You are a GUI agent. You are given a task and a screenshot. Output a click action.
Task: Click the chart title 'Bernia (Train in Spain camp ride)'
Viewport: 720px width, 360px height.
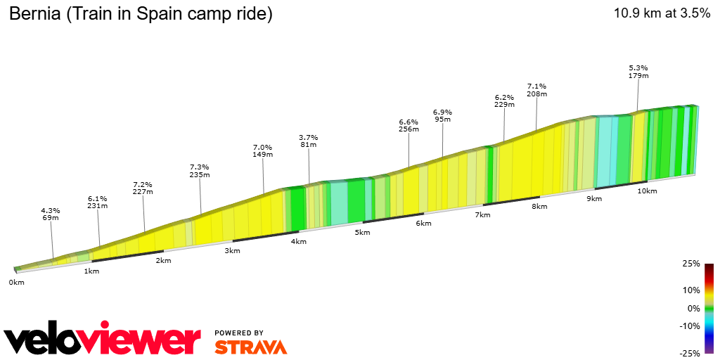tap(140, 14)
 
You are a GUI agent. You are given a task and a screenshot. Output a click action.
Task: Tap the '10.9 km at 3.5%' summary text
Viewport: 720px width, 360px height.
tap(662, 14)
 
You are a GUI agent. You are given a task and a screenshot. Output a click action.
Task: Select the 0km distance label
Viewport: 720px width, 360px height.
tap(16, 283)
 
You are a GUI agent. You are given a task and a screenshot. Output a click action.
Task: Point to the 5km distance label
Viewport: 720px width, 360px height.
tap(362, 233)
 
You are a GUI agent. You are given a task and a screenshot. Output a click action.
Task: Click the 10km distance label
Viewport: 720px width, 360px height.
tap(647, 191)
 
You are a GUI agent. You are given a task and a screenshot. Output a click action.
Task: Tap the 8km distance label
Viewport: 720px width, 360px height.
tap(539, 207)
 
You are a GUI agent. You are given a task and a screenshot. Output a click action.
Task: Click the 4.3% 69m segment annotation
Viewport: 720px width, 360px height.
tap(50, 214)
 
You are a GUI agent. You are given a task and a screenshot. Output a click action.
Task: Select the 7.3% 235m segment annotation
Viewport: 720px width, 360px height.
tap(200, 171)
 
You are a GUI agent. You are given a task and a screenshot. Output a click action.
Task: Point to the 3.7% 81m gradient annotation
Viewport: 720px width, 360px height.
tap(308, 141)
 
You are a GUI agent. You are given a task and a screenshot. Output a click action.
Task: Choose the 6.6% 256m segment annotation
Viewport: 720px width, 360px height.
tap(409, 125)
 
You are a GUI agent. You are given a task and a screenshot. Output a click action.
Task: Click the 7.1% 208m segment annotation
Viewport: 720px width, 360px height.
tap(536, 90)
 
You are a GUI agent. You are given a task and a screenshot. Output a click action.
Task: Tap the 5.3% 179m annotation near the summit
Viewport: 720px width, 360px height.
tap(638, 72)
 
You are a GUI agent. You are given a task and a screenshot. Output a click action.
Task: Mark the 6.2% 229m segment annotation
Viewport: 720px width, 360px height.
tap(504, 101)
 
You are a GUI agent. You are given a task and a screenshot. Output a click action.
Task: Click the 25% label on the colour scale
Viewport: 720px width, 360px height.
tap(692, 264)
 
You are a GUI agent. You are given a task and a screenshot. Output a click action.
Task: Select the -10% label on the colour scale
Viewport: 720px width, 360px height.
tap(690, 326)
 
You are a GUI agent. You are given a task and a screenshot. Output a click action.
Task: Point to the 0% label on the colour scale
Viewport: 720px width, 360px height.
tap(694, 308)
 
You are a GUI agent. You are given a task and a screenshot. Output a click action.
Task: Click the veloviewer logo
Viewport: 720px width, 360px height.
tap(103, 340)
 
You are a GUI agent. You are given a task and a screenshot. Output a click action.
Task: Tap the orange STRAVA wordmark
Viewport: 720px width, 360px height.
tap(250, 347)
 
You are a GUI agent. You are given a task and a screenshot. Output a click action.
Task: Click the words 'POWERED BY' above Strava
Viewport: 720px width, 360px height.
tap(239, 333)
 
